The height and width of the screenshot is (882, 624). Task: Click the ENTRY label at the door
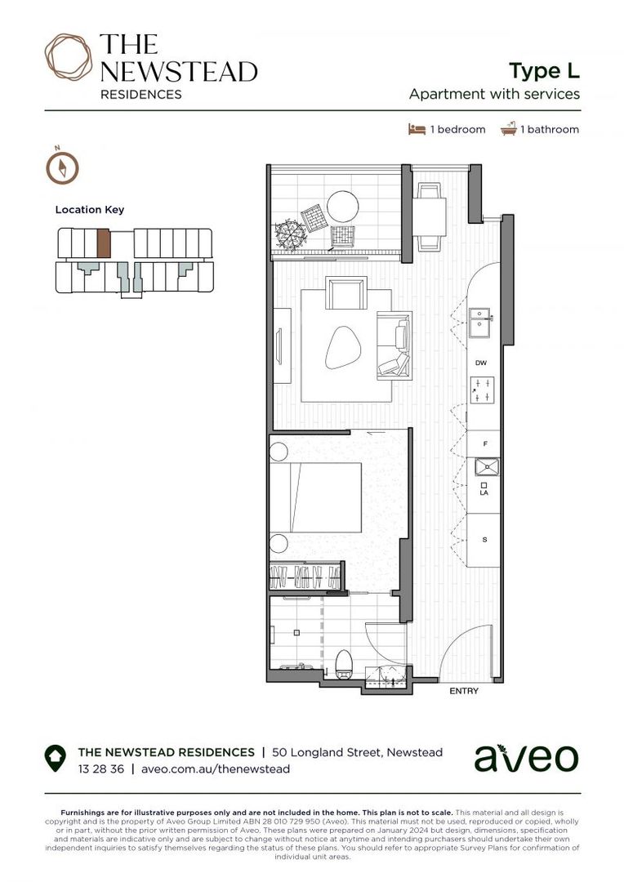pos(464,691)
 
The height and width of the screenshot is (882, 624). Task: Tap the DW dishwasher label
pos(481,363)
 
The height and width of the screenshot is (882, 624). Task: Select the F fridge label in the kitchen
pos(485,443)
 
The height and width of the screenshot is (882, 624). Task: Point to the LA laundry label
pos(484,492)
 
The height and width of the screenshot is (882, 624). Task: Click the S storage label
pos(485,540)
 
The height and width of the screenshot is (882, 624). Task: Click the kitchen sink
pos(479,319)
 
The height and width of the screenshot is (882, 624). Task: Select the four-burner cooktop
pos(481,390)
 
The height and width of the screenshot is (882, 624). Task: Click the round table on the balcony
pos(342,205)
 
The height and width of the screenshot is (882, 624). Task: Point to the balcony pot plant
pos(290,234)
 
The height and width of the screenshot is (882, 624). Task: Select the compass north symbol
pos(62,167)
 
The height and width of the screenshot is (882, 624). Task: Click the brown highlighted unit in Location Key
pos(103,243)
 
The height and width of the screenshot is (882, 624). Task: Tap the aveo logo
pos(526,758)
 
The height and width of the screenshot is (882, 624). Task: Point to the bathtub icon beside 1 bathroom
pos(509,128)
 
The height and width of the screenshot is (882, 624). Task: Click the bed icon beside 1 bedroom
pos(417,129)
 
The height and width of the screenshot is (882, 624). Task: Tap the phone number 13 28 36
pos(100,768)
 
